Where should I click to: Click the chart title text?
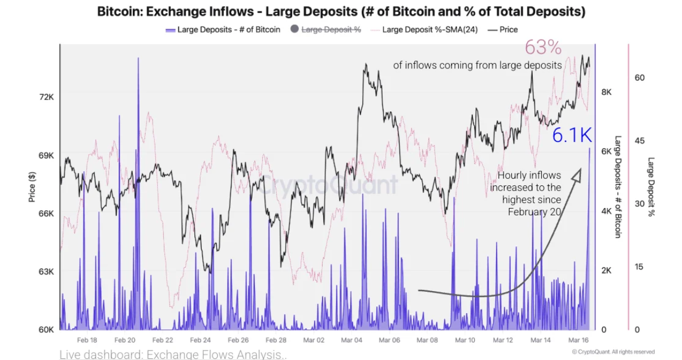tap(341, 11)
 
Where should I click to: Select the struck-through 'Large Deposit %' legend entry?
tap(331, 29)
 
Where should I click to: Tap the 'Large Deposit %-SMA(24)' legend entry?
tap(429, 29)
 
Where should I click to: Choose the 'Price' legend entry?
tap(509, 29)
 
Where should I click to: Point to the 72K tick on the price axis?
tap(46, 97)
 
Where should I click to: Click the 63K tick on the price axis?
tap(46, 271)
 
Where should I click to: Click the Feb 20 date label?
tap(124, 340)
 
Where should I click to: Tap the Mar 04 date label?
tap(351, 340)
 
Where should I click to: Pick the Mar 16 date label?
tap(578, 340)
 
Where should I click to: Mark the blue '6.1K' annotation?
tap(571, 135)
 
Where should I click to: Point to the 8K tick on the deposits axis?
tap(606, 92)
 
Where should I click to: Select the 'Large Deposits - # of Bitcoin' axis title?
tap(618, 186)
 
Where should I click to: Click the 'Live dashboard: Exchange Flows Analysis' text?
tap(173, 354)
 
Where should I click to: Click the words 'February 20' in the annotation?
tap(534, 211)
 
